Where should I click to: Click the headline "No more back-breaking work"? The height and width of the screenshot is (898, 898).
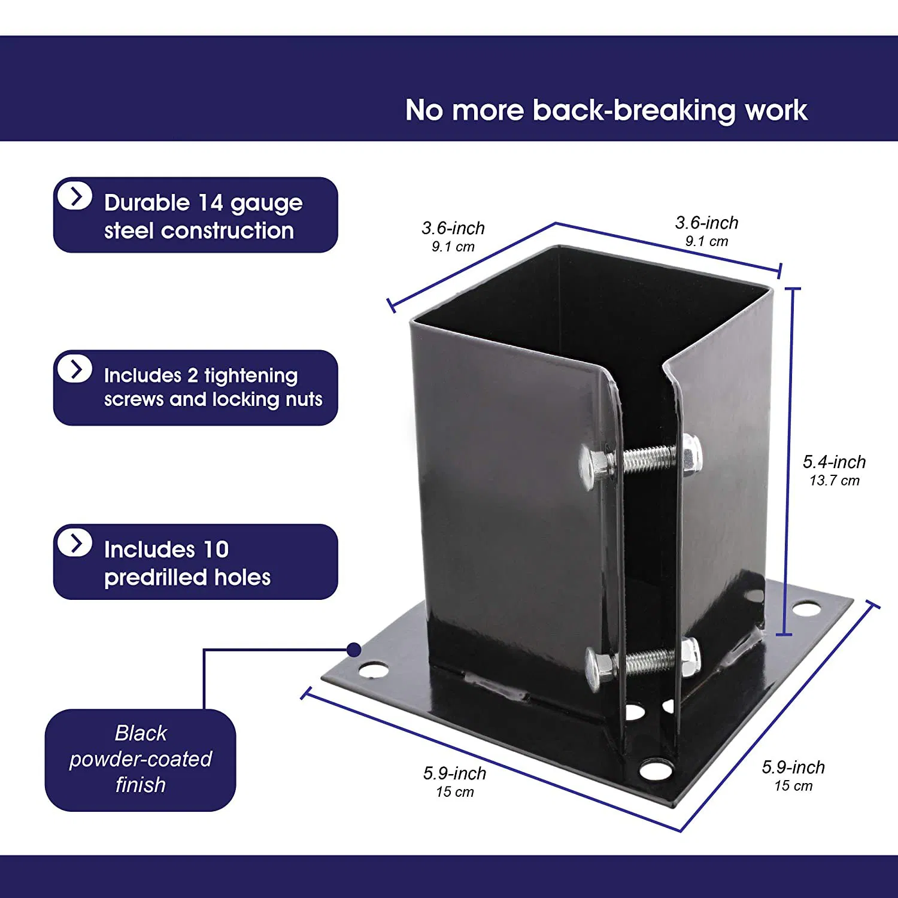coord(606,110)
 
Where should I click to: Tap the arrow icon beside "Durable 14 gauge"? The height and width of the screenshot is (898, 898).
coord(75,196)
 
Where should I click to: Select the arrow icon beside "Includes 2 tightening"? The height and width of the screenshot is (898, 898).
coord(75,369)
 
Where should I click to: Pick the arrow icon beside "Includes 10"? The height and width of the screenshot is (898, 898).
coord(75,543)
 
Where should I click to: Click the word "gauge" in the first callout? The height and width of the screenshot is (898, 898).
coord(266,204)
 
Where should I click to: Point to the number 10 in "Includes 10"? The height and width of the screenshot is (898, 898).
coord(216,550)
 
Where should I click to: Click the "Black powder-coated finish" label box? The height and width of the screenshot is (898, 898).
coord(140,759)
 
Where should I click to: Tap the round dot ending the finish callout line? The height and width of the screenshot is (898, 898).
coord(354,650)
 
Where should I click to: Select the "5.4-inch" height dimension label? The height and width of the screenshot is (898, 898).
coord(834,462)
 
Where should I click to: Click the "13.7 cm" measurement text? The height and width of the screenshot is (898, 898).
coord(834,480)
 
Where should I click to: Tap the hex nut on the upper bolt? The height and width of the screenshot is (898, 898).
coord(690,455)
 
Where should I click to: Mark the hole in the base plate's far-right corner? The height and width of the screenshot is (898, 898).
coord(806,609)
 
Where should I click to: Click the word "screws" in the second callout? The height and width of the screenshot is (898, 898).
coord(135,399)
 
